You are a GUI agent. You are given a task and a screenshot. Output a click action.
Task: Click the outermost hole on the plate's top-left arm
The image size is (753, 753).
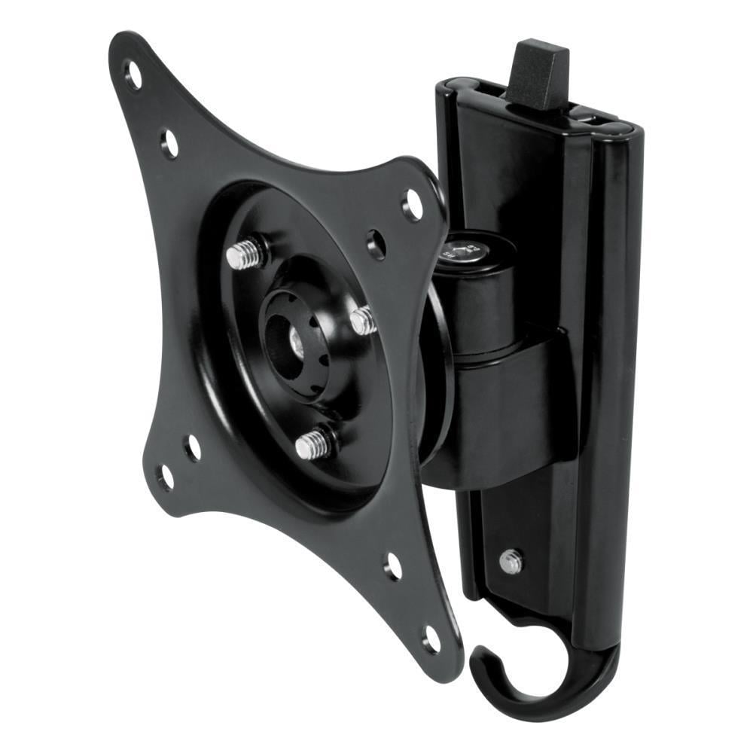[133, 75]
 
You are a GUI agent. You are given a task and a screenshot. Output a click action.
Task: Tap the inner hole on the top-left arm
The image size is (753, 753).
[169, 142]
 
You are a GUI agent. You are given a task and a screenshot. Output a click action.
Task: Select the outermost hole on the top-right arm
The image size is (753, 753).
[413, 204]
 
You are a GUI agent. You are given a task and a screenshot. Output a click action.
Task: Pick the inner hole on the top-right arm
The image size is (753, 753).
[376, 244]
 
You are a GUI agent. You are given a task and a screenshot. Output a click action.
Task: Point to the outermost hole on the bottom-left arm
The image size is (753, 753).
[165, 477]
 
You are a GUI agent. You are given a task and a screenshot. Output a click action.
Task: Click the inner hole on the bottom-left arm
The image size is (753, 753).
[193, 447]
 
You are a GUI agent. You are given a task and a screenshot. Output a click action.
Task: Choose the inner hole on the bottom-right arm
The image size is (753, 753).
[393, 566]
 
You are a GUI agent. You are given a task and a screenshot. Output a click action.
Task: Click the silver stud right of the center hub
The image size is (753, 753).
[363, 320]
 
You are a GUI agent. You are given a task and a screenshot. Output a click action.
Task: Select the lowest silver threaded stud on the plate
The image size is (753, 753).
[313, 444]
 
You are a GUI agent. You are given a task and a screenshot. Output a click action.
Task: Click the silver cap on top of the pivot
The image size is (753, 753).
[462, 249]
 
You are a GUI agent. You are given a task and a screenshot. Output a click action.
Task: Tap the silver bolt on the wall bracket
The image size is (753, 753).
[511, 561]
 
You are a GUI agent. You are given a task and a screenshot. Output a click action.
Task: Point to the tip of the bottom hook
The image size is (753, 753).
[479, 656]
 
